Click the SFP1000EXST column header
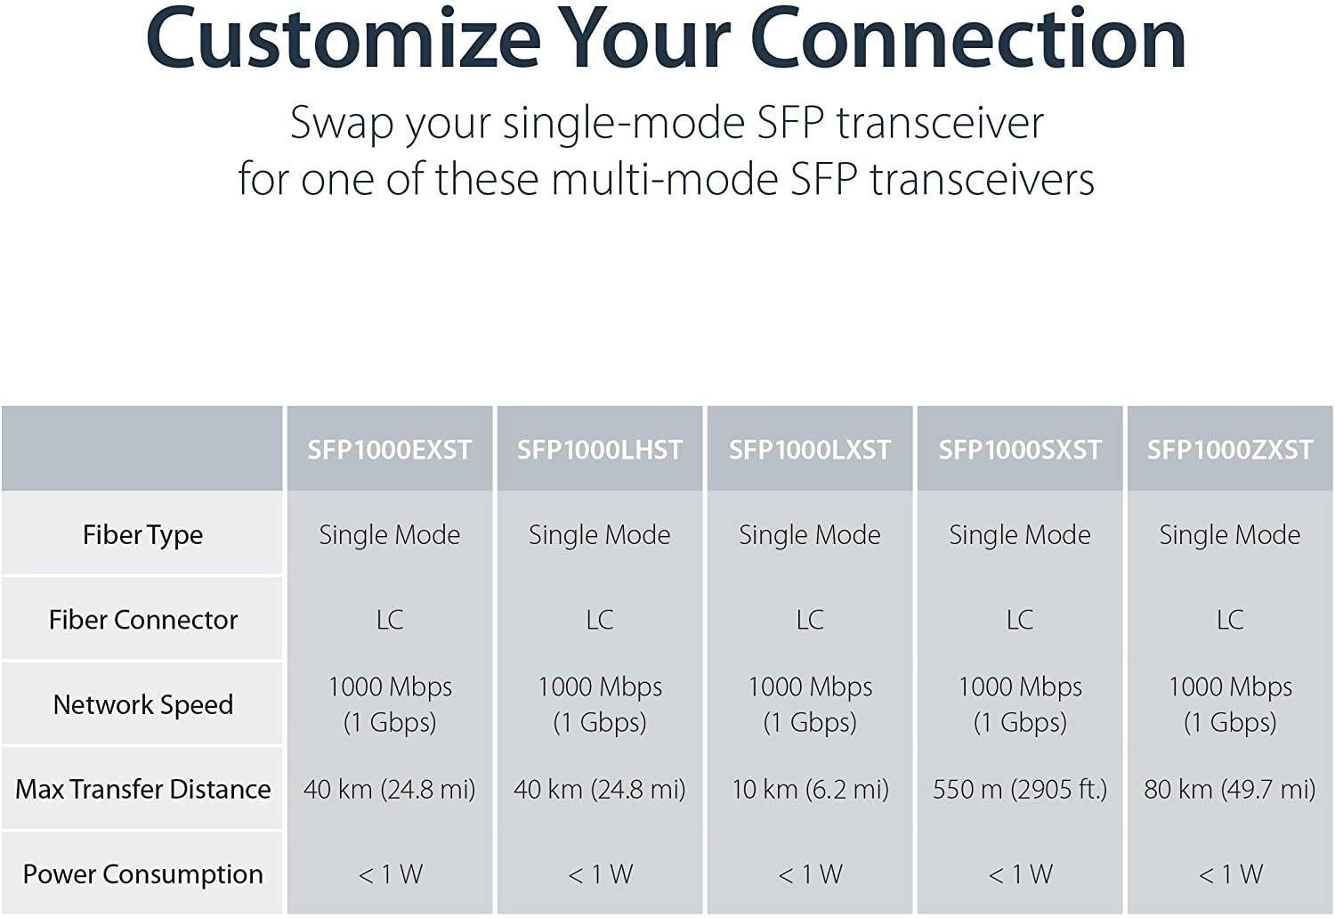[390, 450]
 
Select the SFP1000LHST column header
[600, 450]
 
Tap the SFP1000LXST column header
[810, 450]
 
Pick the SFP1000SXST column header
[1020, 450]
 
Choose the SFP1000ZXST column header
[1230, 450]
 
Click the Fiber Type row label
[142, 535]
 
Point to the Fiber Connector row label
[143, 620]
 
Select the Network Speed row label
[143, 705]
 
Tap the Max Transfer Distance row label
[143, 789]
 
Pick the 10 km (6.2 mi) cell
[810, 790]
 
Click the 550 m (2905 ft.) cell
[1020, 790]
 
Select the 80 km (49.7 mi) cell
[1230, 790]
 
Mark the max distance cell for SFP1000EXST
[390, 790]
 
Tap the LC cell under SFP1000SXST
[1020, 620]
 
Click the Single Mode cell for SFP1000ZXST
[1230, 535]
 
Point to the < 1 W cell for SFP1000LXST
[810, 874]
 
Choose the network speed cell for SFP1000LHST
[600, 704]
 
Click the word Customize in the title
[344, 38]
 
